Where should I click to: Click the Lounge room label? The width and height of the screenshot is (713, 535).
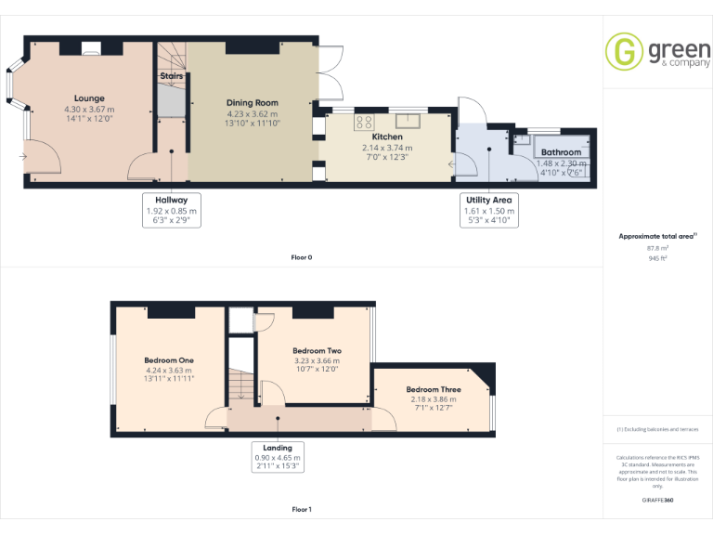89,98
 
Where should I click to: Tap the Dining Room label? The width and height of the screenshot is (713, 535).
252,103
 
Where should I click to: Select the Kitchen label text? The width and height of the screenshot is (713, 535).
387,137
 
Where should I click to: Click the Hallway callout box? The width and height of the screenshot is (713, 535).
172,211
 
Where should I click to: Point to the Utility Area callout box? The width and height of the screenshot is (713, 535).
487,211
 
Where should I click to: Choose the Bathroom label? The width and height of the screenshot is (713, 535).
561,152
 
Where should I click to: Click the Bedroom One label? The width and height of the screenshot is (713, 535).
168,359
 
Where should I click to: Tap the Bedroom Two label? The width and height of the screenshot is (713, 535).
317,350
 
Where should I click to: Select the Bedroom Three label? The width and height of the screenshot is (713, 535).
433,389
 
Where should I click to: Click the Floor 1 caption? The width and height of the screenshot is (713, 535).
302,510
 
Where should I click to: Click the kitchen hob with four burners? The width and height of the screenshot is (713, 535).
365,121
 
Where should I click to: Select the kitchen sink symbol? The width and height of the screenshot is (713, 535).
407,119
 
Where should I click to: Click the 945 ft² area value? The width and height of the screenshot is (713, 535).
657,258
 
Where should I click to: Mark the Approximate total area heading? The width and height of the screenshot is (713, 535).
656,237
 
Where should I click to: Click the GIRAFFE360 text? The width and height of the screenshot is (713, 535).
657,501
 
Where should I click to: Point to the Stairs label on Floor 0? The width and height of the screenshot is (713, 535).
171,75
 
